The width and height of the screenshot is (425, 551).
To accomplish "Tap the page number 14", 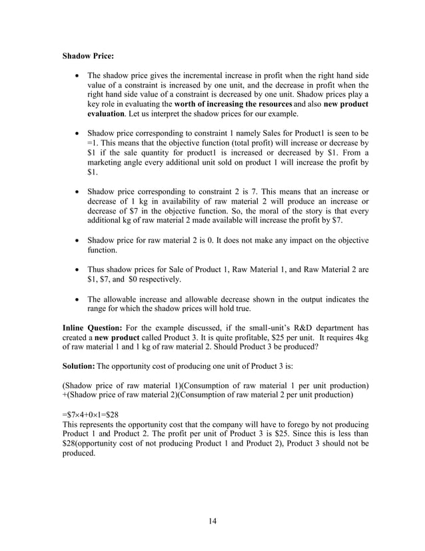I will tap(212, 521).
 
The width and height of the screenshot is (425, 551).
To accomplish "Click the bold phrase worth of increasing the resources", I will tap(232, 105).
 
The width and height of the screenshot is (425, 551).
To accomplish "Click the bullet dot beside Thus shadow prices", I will tap(79, 269).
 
